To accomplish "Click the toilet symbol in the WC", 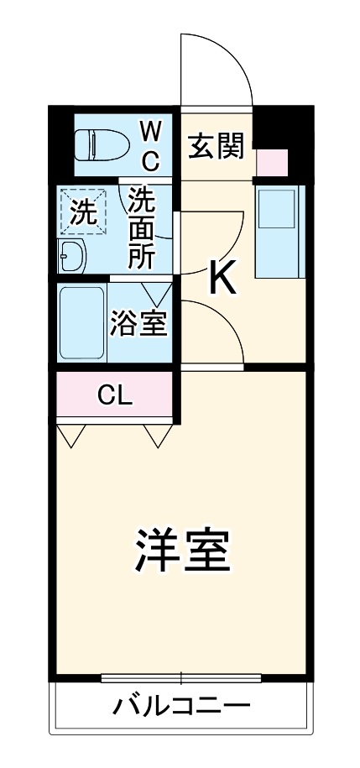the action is [x=101, y=144].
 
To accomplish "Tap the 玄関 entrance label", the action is [x=217, y=146].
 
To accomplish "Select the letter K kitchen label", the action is [x=223, y=281].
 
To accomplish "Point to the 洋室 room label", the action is [x=183, y=550].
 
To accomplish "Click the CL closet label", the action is [x=115, y=395].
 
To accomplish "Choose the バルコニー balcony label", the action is [x=182, y=706].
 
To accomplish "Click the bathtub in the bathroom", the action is [x=82, y=322].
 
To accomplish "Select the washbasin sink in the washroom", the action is [x=71, y=256].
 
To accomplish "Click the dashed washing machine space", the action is [x=83, y=212].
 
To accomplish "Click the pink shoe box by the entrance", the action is [x=273, y=162].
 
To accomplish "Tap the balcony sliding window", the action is [x=181, y=678].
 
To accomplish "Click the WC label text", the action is [x=151, y=146].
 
